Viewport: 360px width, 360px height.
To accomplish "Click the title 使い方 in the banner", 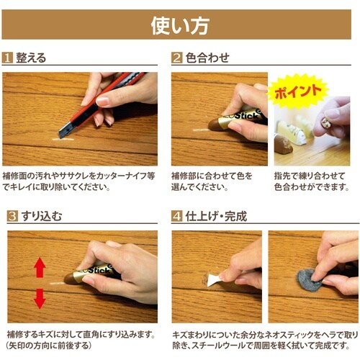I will click(x=180, y=25).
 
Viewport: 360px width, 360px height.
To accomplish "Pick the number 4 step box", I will click(x=176, y=215).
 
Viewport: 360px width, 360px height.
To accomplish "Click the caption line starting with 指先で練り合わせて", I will click(x=310, y=176).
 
